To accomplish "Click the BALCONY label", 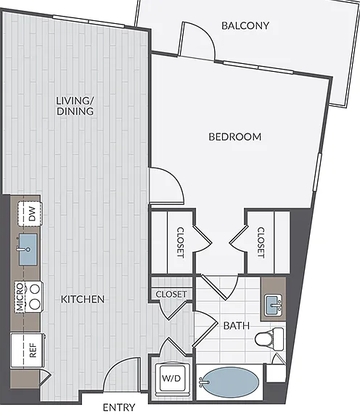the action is tap(245, 25).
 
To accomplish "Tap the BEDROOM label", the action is tap(234, 136).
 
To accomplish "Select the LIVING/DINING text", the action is tap(75, 106).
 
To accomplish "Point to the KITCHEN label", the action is tap(83, 300).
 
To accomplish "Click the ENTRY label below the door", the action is tap(119, 407).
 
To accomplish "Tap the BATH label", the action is tap(237, 326).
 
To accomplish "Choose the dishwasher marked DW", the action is tap(30, 214).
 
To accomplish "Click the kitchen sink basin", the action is tap(28, 250).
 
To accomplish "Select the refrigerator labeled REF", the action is tap(28, 350).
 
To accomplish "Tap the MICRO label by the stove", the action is tap(20, 297).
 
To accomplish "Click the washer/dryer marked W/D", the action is tap(171, 378).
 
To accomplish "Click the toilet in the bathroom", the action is tap(269, 339).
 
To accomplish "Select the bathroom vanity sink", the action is tap(274, 305).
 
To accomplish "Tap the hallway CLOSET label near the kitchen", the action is tap(171, 294).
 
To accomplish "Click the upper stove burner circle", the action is tap(35, 289).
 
